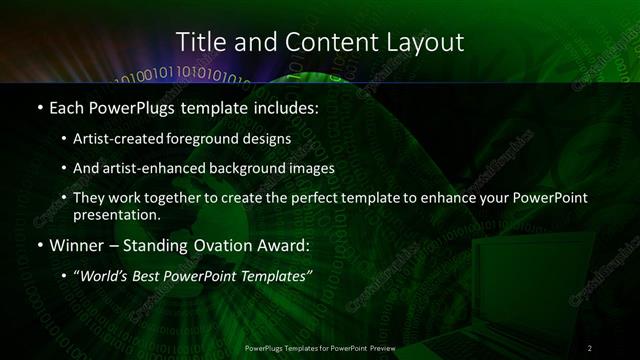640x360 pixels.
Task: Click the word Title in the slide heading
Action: click(x=199, y=42)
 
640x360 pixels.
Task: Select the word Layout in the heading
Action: click(x=428, y=42)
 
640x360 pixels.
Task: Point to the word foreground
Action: click(x=216, y=138)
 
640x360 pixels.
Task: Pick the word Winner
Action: click(x=75, y=244)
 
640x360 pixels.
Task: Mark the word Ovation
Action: click(x=206, y=244)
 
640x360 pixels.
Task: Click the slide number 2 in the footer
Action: click(x=590, y=347)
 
